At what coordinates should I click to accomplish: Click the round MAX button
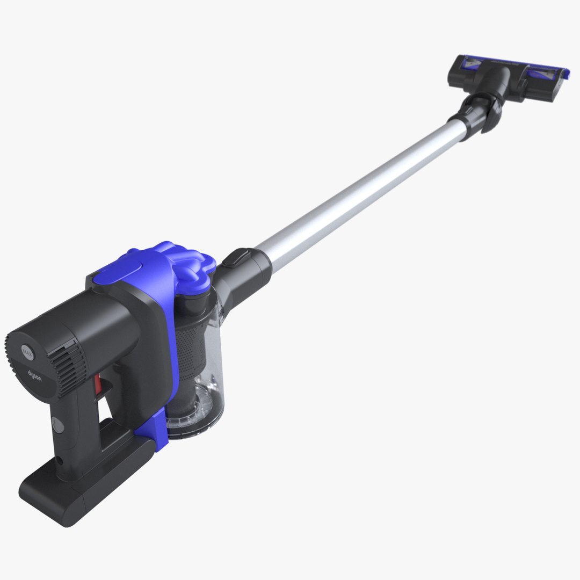(27, 352)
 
